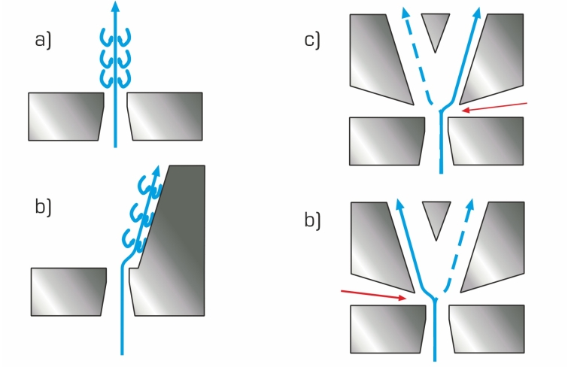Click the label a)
click(x=43, y=40)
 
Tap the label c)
click(x=312, y=40)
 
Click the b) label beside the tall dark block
click(x=43, y=207)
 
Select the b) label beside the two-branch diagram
click(x=313, y=220)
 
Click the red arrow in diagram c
click(x=494, y=107)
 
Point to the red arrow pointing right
click(x=374, y=295)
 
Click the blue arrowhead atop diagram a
click(x=115, y=6)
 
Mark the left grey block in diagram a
click(x=66, y=117)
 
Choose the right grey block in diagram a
click(x=165, y=117)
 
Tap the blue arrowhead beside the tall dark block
click(x=156, y=171)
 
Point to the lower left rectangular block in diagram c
click(x=387, y=141)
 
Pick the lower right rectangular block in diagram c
click(x=486, y=141)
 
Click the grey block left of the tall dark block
click(x=68, y=292)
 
